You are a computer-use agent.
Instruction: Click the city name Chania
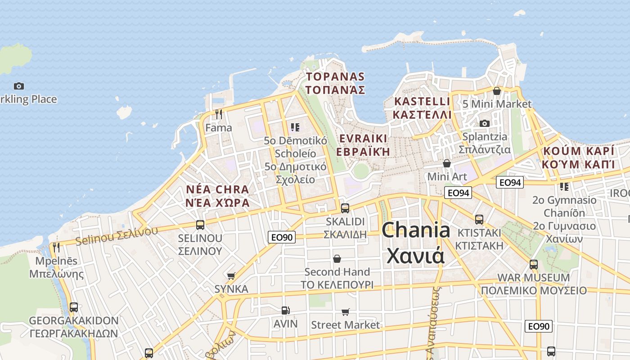[x=416, y=230]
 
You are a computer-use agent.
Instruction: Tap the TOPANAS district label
[x=335, y=76]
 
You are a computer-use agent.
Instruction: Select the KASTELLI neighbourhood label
[x=422, y=101]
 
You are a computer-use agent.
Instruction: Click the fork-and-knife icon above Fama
[x=219, y=114]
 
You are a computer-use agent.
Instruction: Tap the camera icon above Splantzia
[x=484, y=123]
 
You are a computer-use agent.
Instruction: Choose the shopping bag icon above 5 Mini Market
[x=497, y=91]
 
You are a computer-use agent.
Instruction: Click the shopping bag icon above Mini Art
[x=447, y=163]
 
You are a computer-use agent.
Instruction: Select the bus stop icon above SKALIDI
[x=345, y=208]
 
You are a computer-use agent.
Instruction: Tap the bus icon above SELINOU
[x=200, y=225]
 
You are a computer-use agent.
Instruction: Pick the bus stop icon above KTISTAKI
[x=479, y=220]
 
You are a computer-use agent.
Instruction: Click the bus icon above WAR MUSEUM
[x=534, y=264]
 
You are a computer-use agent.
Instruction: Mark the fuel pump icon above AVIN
[x=285, y=310]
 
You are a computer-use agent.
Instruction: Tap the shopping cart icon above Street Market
[x=345, y=312]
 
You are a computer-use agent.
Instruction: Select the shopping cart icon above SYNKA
[x=231, y=276]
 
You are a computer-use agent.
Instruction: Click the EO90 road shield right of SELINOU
[x=282, y=237]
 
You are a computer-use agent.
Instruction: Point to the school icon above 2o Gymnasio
[x=564, y=186]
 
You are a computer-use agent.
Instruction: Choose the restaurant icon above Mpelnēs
[x=56, y=247]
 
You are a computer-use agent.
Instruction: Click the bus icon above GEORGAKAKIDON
[x=74, y=307]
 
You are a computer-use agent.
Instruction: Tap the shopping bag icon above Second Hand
[x=337, y=259]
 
